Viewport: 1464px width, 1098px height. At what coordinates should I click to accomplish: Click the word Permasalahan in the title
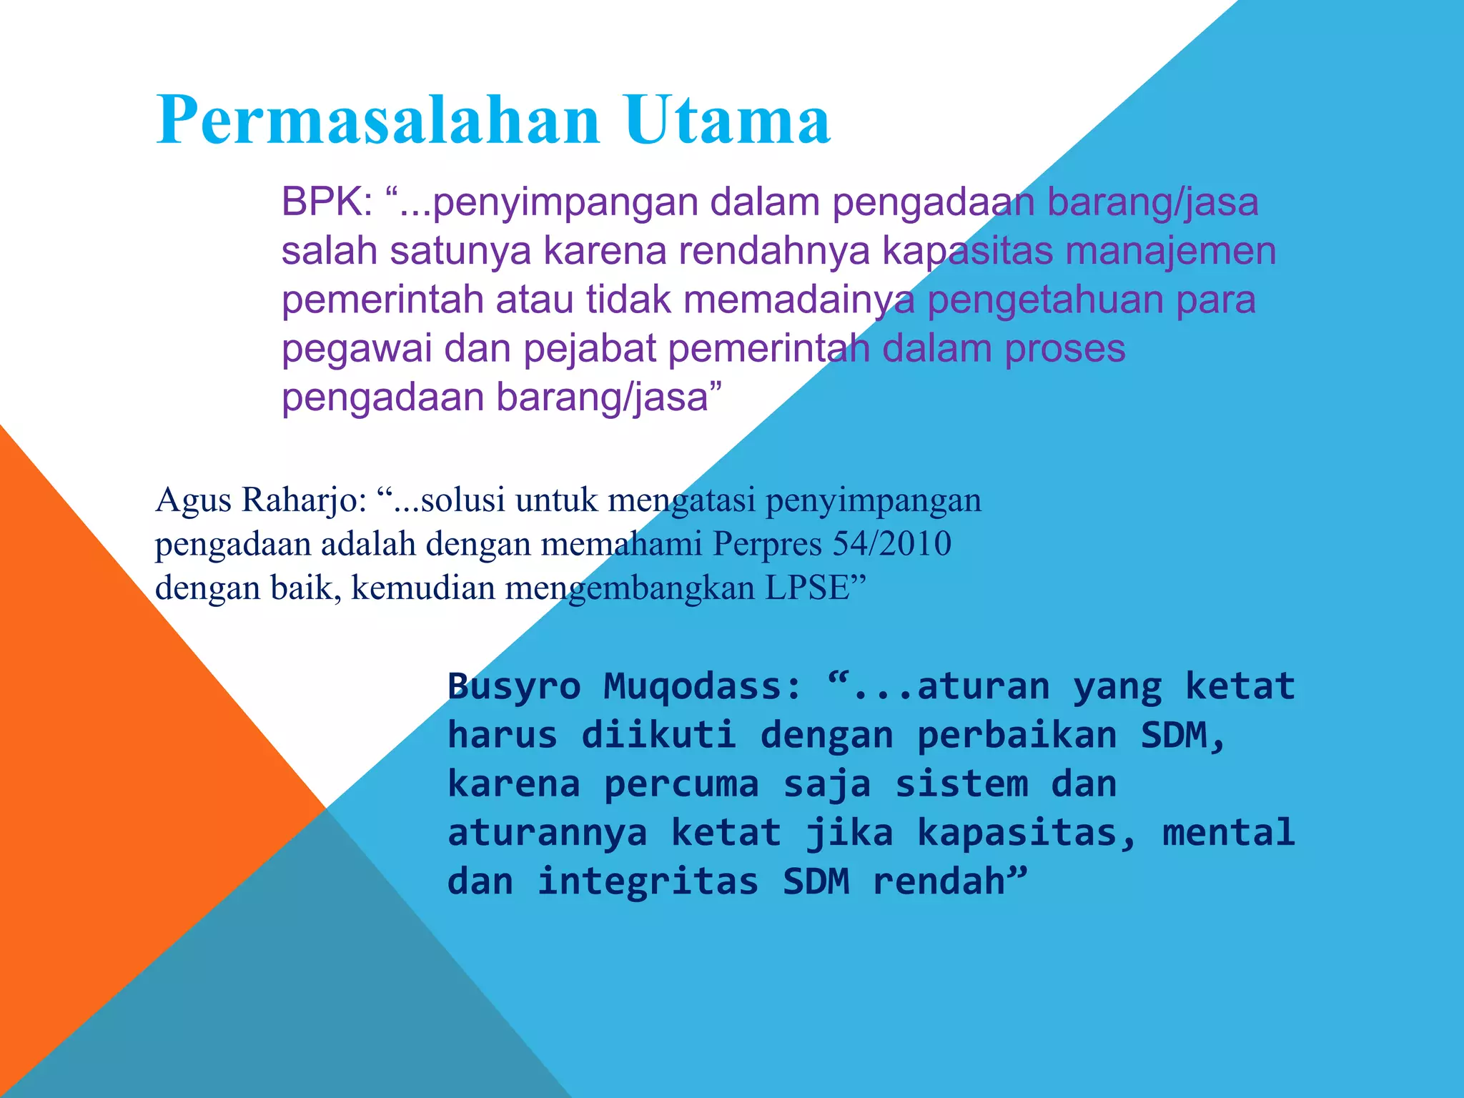point(377,120)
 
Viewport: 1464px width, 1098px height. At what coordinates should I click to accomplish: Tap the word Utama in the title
point(727,120)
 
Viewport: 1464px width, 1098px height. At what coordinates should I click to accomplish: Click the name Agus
point(193,500)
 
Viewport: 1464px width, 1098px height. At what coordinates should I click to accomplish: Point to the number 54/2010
point(892,544)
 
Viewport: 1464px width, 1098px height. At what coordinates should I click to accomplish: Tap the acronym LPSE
point(806,588)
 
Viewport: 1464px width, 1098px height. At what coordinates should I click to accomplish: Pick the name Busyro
point(514,687)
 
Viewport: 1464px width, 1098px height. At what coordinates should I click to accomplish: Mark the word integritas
point(648,881)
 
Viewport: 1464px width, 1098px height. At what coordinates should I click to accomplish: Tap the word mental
point(1228,833)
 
